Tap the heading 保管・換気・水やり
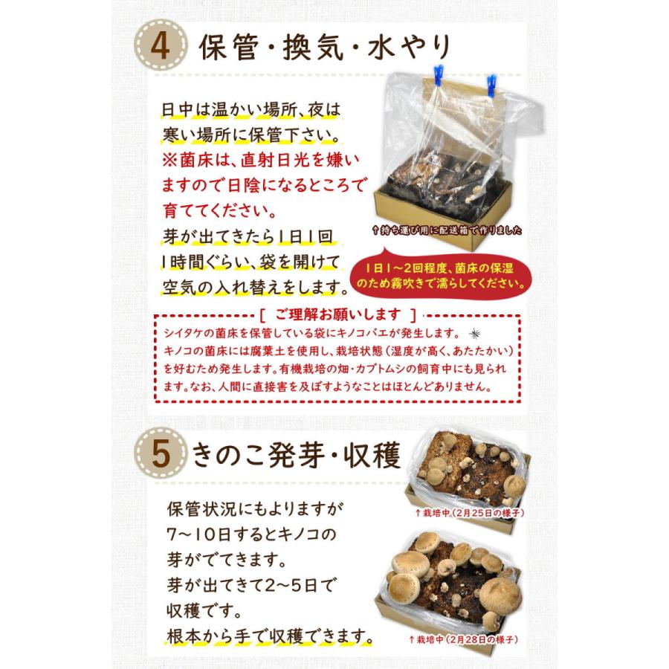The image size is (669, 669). pyautogui.click(x=326, y=49)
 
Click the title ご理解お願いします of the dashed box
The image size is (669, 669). pyautogui.click(x=337, y=314)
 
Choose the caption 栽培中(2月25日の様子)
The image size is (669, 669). pyautogui.click(x=465, y=513)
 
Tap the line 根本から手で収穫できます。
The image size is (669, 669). pyautogui.click(x=269, y=636)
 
